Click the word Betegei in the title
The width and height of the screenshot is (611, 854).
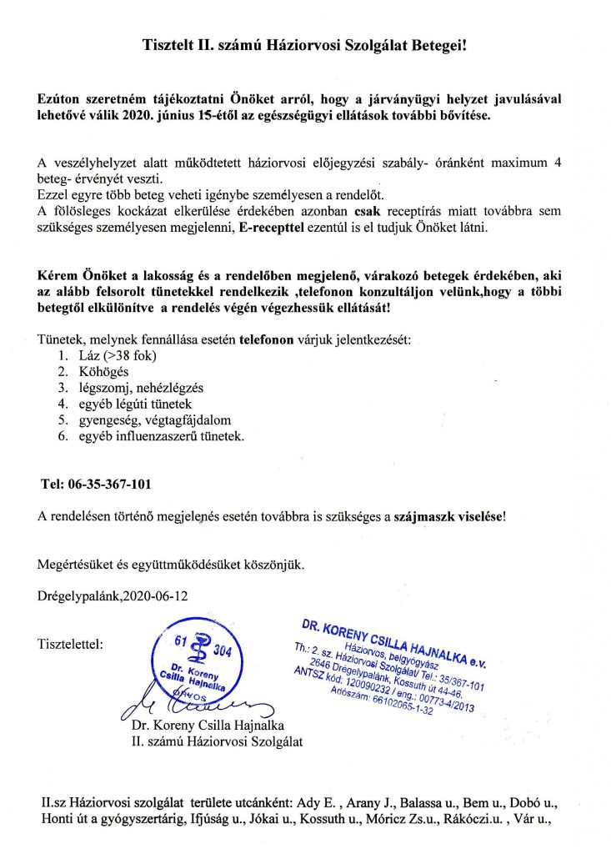point(434,41)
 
